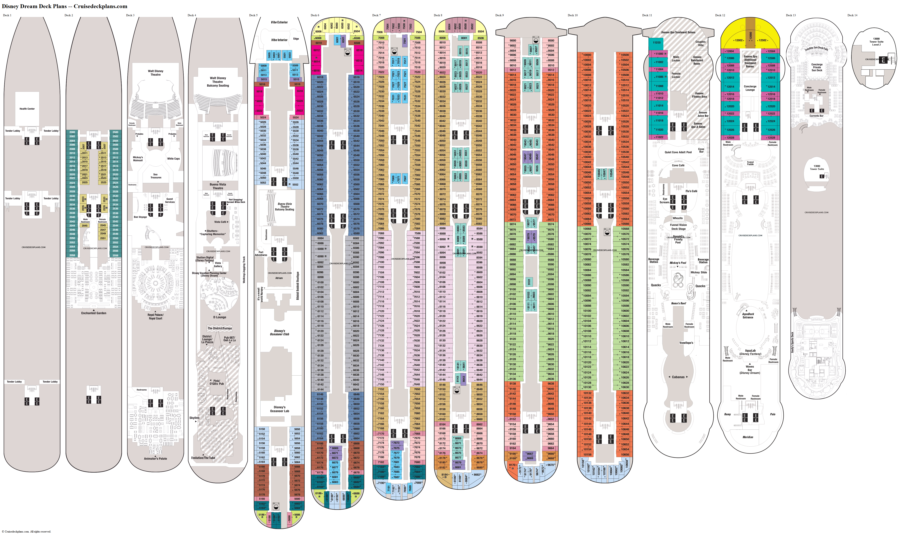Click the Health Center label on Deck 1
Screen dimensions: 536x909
[x=27, y=109]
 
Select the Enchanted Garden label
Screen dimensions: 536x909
[x=94, y=313]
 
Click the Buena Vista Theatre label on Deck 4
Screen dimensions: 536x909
[x=218, y=186]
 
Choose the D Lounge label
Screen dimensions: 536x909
[x=220, y=317]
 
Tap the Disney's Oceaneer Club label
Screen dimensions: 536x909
[x=280, y=333]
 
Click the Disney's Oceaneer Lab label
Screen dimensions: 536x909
[x=280, y=409]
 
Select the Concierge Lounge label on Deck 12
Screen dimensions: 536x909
[x=750, y=88]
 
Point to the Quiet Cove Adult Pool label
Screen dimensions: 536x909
[x=678, y=152]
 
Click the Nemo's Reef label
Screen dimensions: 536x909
[x=678, y=303]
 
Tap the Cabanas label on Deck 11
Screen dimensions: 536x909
[x=678, y=377]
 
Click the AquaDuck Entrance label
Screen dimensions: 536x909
[x=748, y=316]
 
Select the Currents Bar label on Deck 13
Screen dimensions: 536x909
[x=816, y=116]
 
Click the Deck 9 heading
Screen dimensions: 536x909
[x=500, y=15]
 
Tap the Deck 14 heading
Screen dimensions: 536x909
[x=852, y=15]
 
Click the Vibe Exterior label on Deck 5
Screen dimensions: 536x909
[x=279, y=22]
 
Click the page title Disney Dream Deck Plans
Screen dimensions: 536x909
[x=34, y=6]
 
